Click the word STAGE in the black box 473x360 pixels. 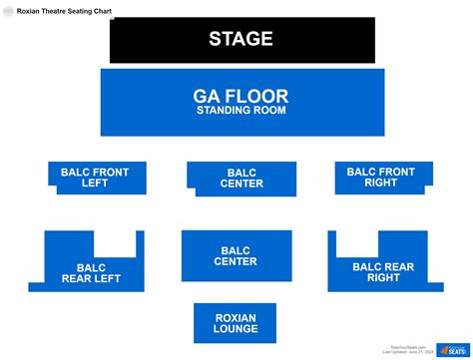(x=240, y=39)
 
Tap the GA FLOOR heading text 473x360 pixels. (x=240, y=96)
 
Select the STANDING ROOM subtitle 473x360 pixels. (x=240, y=111)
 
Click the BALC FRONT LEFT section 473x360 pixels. (x=96, y=178)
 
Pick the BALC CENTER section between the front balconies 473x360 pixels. (x=240, y=179)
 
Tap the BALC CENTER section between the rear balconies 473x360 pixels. (x=236, y=256)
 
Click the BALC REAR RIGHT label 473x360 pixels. (x=383, y=272)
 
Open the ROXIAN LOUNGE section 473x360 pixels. (x=236, y=323)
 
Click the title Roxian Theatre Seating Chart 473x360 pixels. (x=64, y=11)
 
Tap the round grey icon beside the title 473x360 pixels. (x=8, y=11)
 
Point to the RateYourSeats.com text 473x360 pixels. (x=404, y=346)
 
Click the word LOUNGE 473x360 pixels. (x=236, y=329)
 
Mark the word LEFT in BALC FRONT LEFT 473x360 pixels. (x=96, y=183)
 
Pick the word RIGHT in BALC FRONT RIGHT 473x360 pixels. (x=380, y=182)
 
